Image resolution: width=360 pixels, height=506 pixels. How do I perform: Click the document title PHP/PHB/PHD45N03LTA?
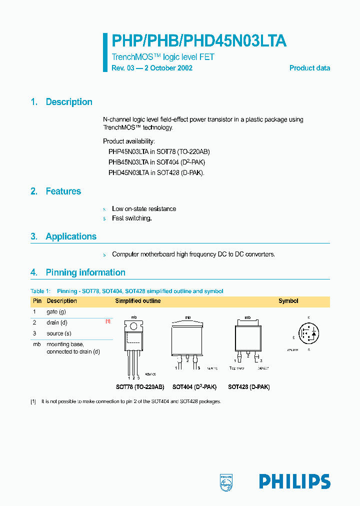click(x=198, y=41)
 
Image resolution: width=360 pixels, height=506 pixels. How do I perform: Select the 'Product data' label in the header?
click(x=309, y=68)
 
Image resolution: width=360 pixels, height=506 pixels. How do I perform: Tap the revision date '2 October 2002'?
click(x=168, y=68)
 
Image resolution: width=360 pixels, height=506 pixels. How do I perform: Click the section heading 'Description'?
click(x=69, y=102)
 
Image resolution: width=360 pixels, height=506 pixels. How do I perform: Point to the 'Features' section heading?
click(x=63, y=191)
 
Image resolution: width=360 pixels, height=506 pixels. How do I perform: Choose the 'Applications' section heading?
click(x=71, y=236)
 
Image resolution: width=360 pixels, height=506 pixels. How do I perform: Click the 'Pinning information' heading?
click(x=85, y=272)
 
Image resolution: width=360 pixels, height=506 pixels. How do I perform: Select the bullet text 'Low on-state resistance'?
click(x=144, y=209)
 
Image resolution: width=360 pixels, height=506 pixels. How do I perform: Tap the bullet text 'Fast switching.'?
click(x=131, y=218)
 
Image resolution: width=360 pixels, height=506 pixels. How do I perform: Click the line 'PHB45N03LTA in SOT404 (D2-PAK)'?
click(x=157, y=162)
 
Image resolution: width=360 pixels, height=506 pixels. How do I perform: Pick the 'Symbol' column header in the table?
click(x=288, y=301)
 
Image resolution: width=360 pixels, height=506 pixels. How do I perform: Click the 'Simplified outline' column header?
click(x=138, y=301)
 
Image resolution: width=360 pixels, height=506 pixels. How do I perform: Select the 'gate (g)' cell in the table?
click(x=56, y=311)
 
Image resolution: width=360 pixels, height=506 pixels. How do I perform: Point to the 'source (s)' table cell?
click(x=59, y=333)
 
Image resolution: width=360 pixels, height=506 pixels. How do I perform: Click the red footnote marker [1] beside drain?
click(x=107, y=322)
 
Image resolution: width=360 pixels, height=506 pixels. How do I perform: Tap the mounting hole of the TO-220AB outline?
click(x=133, y=325)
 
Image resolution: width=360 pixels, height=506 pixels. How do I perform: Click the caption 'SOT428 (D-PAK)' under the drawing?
click(x=248, y=387)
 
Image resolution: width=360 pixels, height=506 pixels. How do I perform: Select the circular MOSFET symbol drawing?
click(x=308, y=333)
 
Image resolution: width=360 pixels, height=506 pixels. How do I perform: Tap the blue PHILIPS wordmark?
click(x=294, y=481)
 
